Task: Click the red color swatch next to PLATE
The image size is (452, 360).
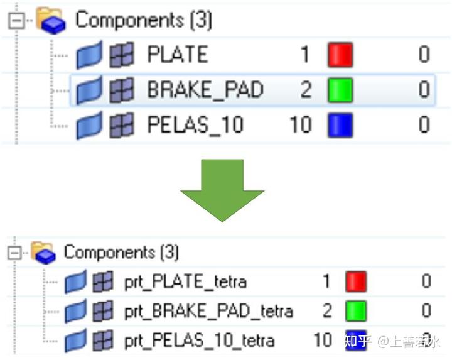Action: (x=340, y=55)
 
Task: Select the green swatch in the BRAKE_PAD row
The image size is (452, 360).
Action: (x=340, y=90)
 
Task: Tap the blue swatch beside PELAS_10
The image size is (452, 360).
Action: (x=340, y=125)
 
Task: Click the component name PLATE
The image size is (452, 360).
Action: (x=177, y=54)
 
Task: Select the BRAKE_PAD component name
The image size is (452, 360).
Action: (x=205, y=90)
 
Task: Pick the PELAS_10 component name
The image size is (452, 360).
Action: (x=195, y=125)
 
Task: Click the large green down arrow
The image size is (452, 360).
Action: (x=222, y=190)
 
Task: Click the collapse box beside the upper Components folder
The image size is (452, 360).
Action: (x=16, y=20)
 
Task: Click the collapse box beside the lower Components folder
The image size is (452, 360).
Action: (x=14, y=253)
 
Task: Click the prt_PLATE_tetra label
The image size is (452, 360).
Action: (x=185, y=281)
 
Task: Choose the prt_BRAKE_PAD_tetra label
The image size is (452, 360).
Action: (x=208, y=311)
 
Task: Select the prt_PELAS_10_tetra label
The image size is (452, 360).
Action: (x=199, y=341)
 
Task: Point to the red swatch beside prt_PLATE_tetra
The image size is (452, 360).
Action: (x=356, y=281)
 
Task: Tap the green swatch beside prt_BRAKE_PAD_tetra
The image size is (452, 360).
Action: (x=356, y=311)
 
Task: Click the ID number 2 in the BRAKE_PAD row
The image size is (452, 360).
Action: (x=306, y=90)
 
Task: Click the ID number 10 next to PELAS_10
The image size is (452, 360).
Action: (x=301, y=125)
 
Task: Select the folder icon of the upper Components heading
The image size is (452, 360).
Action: (x=51, y=20)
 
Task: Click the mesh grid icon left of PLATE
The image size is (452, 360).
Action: (x=122, y=55)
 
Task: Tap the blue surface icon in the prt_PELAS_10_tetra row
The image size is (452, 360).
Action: (x=75, y=341)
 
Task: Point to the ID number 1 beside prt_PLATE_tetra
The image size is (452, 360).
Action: (x=326, y=281)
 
